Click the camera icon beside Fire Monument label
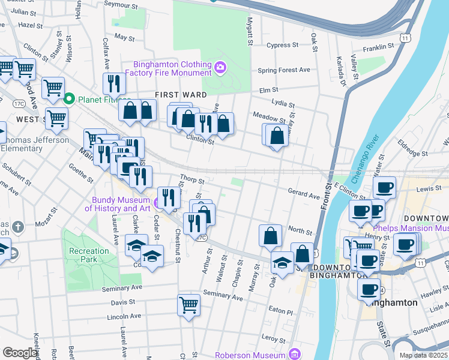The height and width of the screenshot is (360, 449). (x=220, y=67)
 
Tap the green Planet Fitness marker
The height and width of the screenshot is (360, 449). (x=69, y=99)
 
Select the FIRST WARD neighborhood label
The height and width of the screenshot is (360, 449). (x=181, y=95)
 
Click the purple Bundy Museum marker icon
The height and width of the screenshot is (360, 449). (x=157, y=204)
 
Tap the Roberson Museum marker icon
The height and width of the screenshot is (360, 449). (x=294, y=355)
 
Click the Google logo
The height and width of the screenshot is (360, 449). (x=20, y=352)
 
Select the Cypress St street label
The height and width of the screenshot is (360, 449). (x=282, y=45)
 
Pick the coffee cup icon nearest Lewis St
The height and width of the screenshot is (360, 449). (x=384, y=187)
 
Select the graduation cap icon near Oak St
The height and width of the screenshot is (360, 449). (x=282, y=261)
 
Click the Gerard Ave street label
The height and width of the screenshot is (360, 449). (x=304, y=196)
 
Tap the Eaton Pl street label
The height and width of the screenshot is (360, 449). (x=280, y=312)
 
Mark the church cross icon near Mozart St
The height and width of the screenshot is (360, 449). (x=18, y=227)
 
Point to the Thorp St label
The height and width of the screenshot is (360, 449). (x=192, y=179)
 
